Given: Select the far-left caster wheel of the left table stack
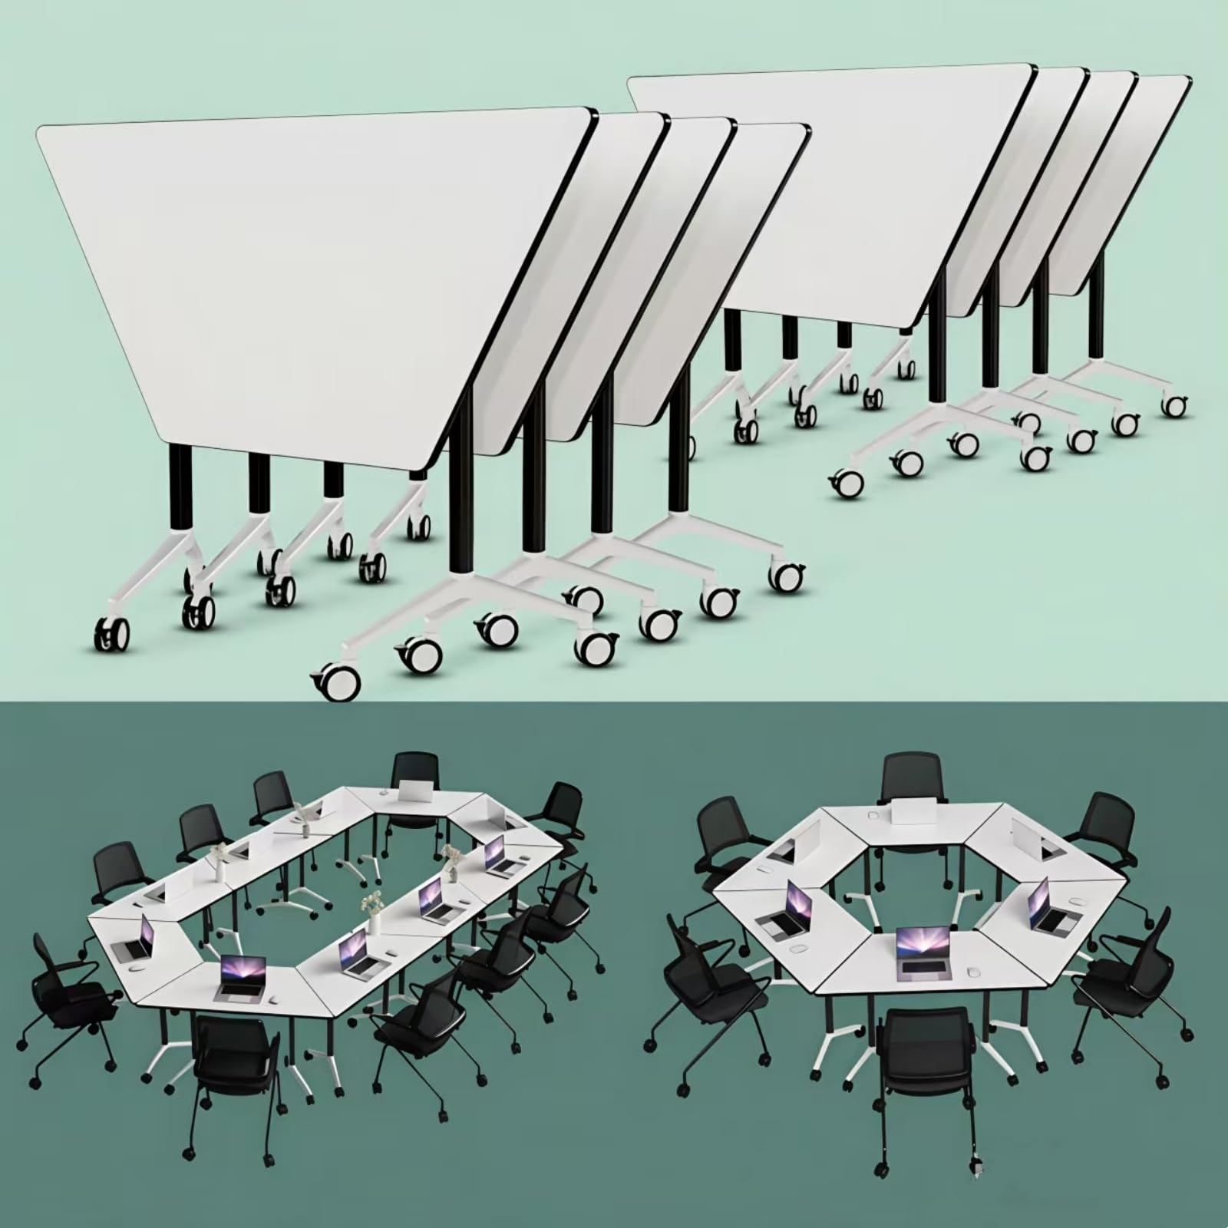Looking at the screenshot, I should coord(111,636).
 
